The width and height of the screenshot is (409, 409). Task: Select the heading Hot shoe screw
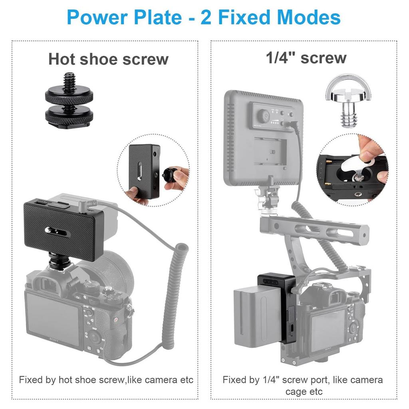click(x=108, y=59)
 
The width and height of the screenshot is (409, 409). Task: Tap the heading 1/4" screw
click(x=306, y=58)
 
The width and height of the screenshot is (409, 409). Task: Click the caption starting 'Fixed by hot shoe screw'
click(x=106, y=379)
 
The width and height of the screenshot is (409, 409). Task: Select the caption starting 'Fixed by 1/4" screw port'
click(x=303, y=385)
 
